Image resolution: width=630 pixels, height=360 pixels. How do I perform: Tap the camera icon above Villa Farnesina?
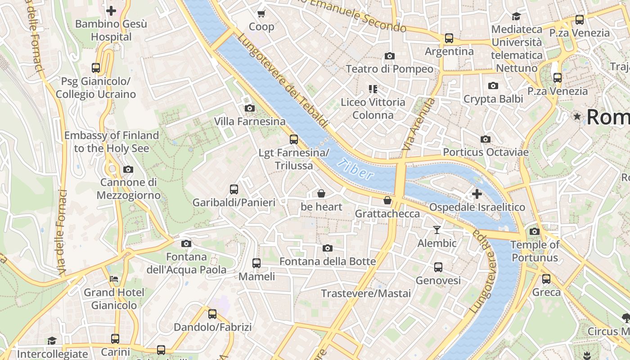click(x=249, y=108)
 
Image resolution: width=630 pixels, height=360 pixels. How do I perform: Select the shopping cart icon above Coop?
click(x=261, y=13)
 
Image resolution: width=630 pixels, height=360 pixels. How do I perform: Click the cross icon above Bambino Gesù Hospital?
click(x=111, y=10)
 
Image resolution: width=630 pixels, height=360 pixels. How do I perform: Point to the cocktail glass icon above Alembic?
click(x=436, y=230)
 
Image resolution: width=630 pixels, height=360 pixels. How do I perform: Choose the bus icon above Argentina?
click(x=449, y=38)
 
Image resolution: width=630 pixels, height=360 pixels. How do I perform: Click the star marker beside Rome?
click(x=577, y=117)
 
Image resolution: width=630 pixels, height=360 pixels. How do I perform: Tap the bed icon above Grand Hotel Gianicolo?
click(x=114, y=279)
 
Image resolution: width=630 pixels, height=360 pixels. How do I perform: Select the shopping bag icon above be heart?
click(x=321, y=193)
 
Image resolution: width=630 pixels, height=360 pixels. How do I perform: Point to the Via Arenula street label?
click(x=419, y=124)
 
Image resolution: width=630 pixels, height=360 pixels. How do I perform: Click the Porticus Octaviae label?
click(x=486, y=152)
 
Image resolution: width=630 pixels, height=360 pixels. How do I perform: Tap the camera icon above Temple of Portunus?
click(x=535, y=232)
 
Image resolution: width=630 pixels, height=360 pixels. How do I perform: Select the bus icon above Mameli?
click(x=256, y=263)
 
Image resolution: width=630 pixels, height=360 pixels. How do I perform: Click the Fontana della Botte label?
click(x=328, y=261)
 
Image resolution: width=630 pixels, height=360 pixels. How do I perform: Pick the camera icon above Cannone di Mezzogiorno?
click(x=128, y=170)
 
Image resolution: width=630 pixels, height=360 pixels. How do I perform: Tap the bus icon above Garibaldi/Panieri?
click(x=234, y=189)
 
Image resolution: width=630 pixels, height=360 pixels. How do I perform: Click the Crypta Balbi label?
click(x=493, y=99)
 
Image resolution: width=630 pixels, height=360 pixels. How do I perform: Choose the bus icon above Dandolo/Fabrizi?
click(x=212, y=314)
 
